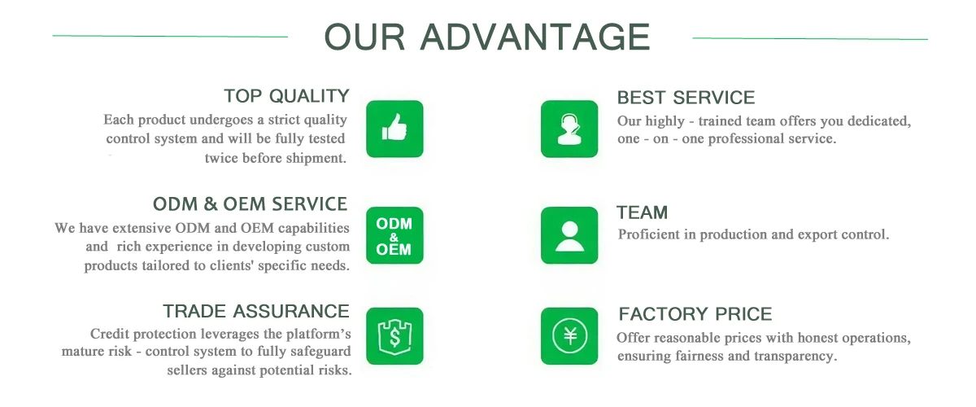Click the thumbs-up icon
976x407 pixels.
pyautogui.click(x=394, y=129)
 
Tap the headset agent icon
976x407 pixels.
pyautogui.click(x=569, y=129)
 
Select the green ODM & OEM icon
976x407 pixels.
pyautogui.click(x=394, y=235)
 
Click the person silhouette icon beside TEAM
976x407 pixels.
pyautogui.click(x=569, y=235)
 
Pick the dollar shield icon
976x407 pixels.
pyautogui.click(x=394, y=336)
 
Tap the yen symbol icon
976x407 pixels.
pyautogui.click(x=569, y=336)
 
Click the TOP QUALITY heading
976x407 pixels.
pyautogui.click(x=286, y=96)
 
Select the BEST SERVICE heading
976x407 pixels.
pyautogui.click(x=686, y=98)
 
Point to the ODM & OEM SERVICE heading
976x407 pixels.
pyautogui.click(x=251, y=204)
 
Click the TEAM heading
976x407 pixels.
pyautogui.click(x=643, y=212)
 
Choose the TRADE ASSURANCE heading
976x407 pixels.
pyautogui.click(x=256, y=312)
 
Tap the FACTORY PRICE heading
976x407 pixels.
pyautogui.click(x=695, y=314)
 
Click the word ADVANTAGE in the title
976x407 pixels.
pyautogui.click(x=535, y=37)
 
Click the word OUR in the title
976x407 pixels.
pyautogui.click(x=364, y=37)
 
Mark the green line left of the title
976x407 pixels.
pyautogui.click(x=170, y=36)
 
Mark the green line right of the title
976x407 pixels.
pyautogui.click(x=810, y=39)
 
